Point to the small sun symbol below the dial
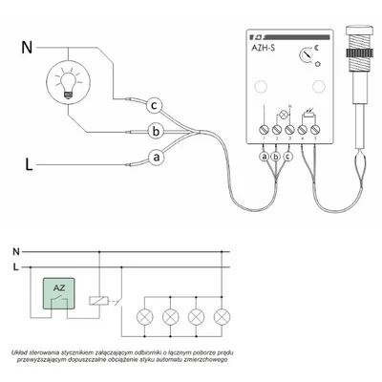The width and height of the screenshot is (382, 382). pyautogui.click(x=316, y=69)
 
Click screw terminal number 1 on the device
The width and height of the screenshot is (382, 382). pyautogui.click(x=265, y=124)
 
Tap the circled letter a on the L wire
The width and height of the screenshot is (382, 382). pyautogui.click(x=157, y=156)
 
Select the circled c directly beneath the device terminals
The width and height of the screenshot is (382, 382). pyautogui.click(x=290, y=155)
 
